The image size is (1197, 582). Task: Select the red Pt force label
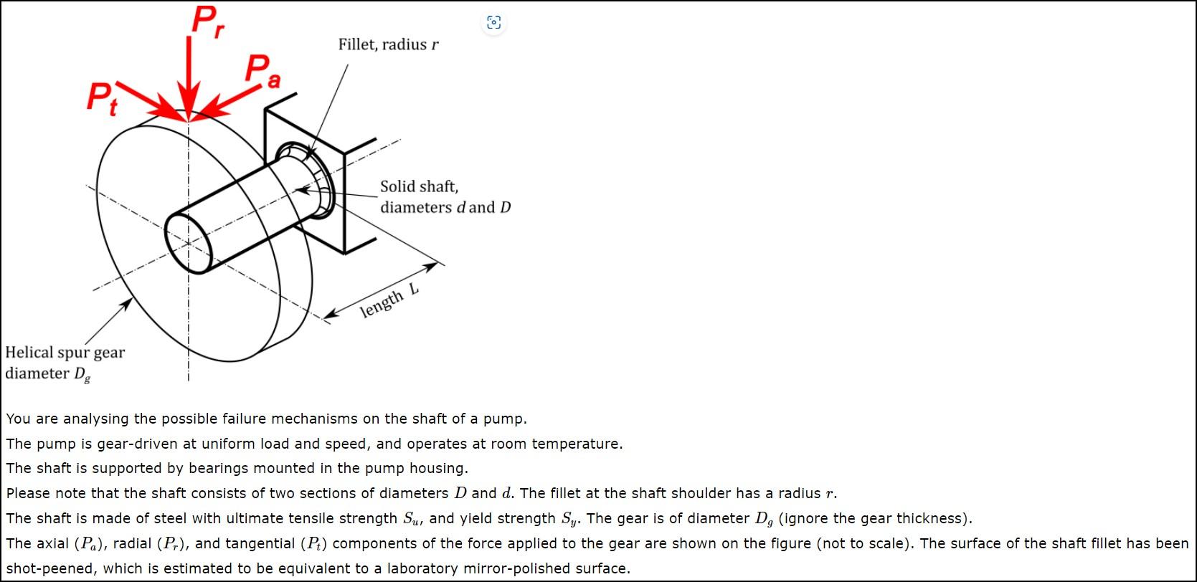pos(102,97)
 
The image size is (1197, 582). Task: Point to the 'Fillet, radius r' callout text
pos(388,44)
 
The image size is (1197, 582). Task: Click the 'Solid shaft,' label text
pos(419,186)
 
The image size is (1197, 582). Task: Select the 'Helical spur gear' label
pos(65,353)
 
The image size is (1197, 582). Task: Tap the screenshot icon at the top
pos(493,22)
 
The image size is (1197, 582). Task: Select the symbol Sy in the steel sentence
pos(569,518)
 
